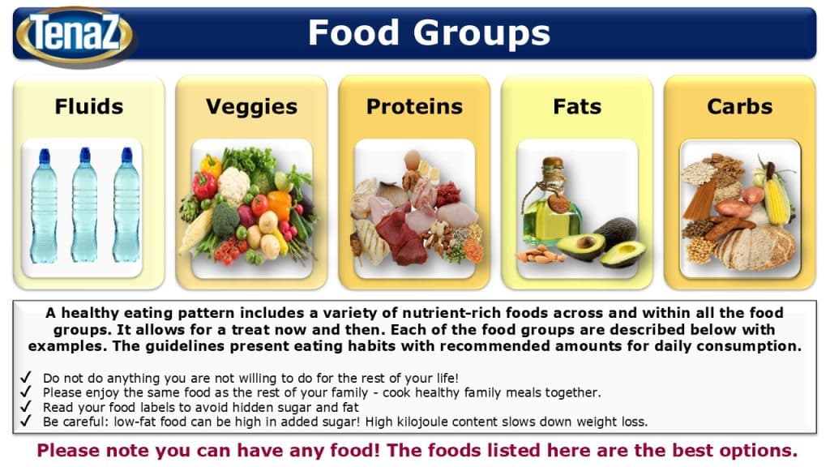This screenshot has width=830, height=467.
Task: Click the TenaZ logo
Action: point(75,36)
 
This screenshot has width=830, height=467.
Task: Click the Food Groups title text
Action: point(430,32)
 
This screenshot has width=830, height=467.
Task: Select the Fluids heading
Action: point(89,106)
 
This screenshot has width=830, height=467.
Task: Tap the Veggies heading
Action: point(251,107)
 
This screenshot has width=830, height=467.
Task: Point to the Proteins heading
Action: point(414,106)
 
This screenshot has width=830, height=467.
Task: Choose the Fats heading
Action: point(577,106)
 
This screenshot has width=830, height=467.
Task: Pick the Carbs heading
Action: point(739,106)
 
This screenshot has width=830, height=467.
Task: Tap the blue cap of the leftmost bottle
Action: point(45,156)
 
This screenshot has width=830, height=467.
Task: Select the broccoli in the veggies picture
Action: point(225,219)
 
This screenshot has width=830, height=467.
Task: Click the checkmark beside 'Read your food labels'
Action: point(25,407)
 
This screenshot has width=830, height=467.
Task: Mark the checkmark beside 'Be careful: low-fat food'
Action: point(25,421)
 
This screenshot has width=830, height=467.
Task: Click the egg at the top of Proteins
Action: point(412,159)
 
